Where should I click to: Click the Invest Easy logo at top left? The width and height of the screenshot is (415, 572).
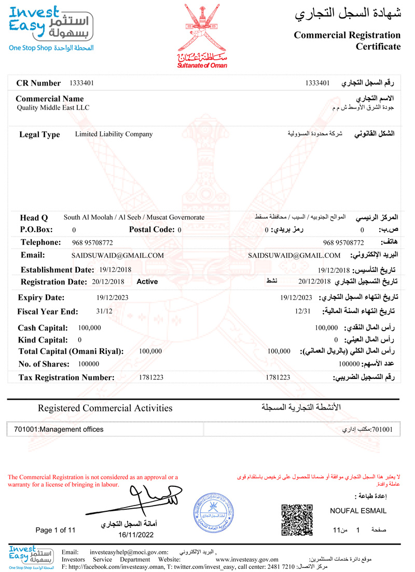(51, 28)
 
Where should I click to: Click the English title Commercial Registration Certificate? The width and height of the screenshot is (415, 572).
(347, 41)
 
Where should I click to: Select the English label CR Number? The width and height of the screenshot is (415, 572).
(39, 83)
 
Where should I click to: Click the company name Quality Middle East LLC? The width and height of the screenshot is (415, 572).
(53, 108)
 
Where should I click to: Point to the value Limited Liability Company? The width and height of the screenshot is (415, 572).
(114, 134)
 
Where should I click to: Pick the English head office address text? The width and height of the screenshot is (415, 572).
(134, 217)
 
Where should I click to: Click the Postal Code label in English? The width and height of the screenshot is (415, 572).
(152, 229)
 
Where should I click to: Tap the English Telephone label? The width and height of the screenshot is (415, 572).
(41, 242)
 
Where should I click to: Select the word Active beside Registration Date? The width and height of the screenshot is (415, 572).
(147, 282)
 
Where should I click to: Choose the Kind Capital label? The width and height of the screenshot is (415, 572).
(43, 340)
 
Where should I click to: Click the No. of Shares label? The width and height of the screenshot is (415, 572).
(44, 364)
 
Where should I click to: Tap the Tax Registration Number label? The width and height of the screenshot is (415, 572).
(66, 377)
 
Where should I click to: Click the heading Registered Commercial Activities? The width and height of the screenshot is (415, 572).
(105, 408)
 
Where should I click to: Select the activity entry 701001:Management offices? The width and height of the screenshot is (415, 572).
(59, 430)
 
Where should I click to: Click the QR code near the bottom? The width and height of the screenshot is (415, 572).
(297, 520)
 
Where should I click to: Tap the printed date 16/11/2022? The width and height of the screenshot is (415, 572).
(136, 535)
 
